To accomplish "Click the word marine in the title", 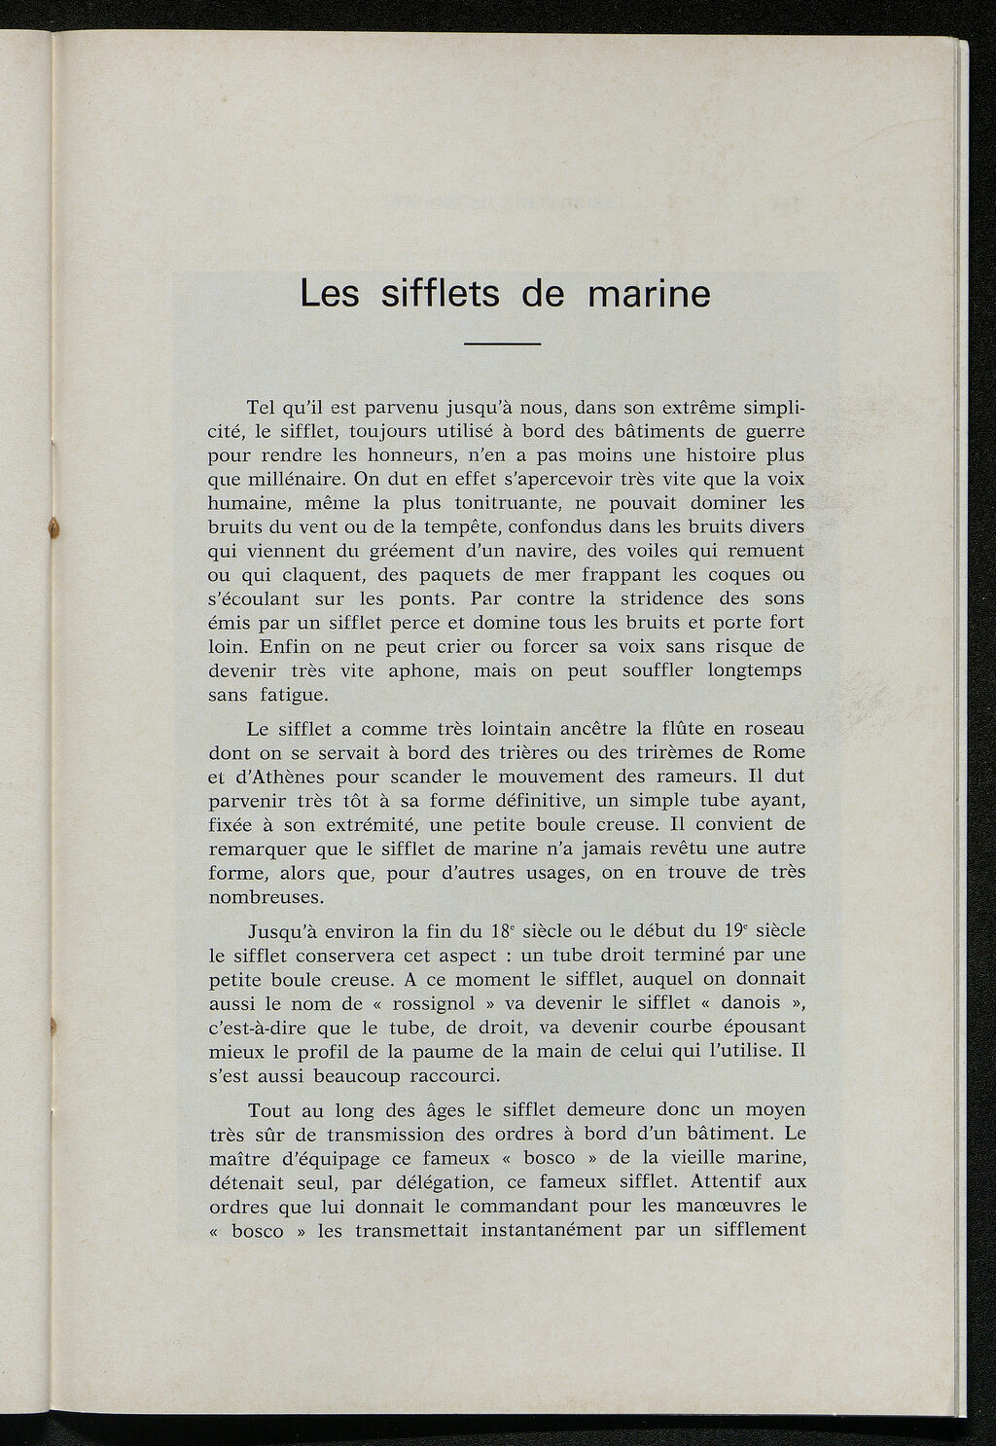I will point(649,293).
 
